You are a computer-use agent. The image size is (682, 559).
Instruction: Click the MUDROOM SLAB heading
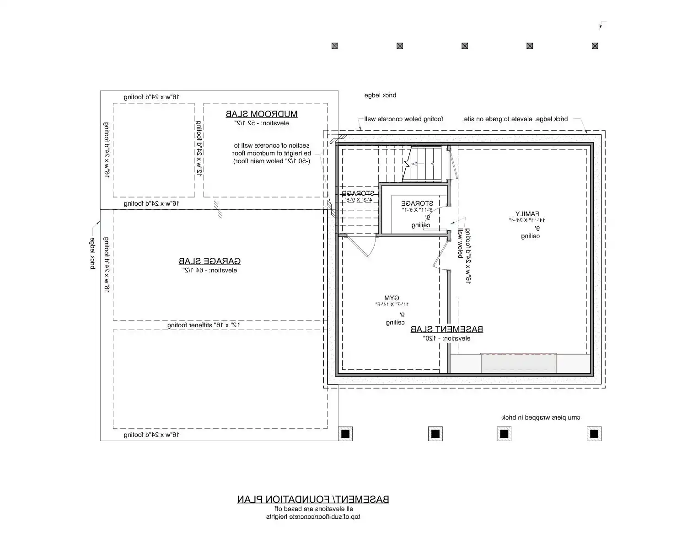coord(261,114)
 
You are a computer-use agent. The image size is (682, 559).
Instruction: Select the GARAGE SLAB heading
coord(209,261)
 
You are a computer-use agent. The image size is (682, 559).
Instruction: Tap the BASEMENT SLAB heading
coord(446,330)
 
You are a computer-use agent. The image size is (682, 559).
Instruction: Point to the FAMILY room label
coord(527,214)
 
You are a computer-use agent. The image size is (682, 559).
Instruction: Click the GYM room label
coord(392,298)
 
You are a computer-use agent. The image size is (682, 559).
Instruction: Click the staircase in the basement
coord(424,164)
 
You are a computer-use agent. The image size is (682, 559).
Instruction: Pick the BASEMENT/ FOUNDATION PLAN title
coord(313,499)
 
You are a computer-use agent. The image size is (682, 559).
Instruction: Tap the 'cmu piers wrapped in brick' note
coord(541,418)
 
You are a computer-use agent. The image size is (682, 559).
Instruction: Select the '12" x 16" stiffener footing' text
coord(204,325)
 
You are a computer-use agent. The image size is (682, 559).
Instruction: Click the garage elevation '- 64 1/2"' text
coord(210,271)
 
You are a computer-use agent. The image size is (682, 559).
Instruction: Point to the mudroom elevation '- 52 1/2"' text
coord(262,123)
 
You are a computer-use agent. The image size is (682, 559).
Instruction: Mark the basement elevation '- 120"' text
coord(446,339)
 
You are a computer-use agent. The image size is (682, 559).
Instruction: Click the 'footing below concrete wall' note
coord(403,119)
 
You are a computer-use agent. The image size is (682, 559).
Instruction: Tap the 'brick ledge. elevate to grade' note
coord(515,119)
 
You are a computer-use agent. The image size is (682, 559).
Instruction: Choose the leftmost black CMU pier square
coord(345,433)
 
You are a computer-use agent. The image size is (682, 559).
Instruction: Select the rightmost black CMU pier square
coord(594,433)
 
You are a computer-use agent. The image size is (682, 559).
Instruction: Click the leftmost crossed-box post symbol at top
coord(334,46)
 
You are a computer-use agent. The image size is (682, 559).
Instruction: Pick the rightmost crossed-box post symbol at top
coord(595,46)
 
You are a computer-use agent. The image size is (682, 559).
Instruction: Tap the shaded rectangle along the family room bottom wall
coord(518,363)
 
